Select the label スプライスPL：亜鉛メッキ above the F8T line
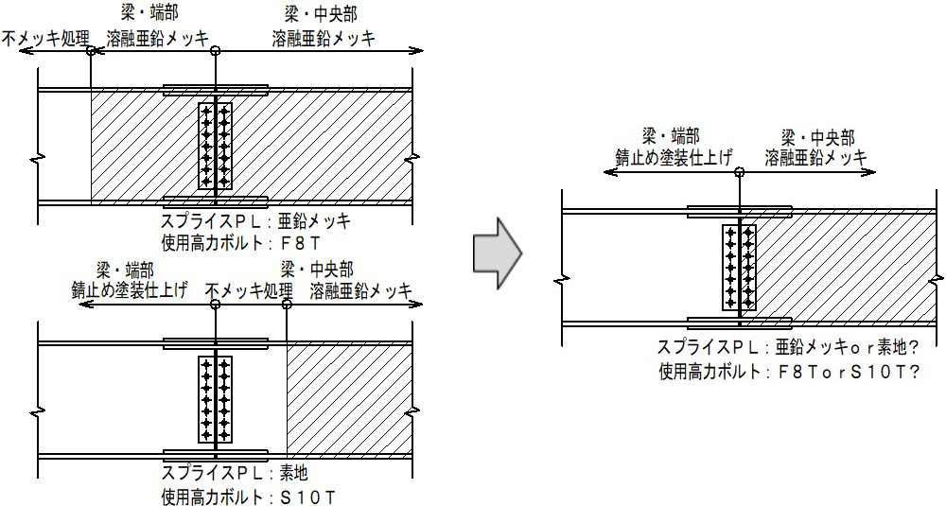tap(255, 222)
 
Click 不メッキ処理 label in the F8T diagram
tap(44, 39)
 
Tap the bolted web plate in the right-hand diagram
tap(739, 267)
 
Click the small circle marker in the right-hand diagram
tap(739, 172)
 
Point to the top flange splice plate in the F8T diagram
tap(216, 90)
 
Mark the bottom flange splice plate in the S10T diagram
tap(216, 454)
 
